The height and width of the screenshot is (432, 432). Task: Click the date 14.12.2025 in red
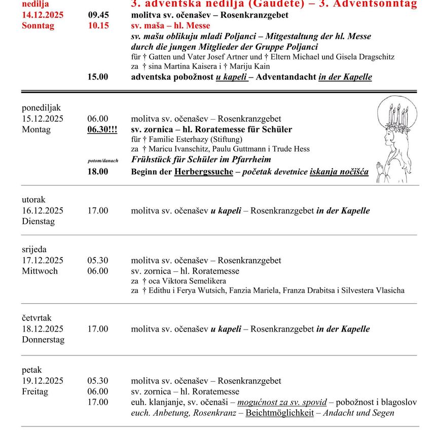coord(43,15)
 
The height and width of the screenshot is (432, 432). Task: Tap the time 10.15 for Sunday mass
coord(98,26)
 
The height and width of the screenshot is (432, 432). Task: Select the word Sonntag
coord(38,26)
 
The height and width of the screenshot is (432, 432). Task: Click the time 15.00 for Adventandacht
coord(98,77)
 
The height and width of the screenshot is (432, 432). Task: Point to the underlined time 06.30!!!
coord(102,130)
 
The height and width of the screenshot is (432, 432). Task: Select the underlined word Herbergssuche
coord(204,172)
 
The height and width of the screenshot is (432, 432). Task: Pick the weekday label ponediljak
coord(41,108)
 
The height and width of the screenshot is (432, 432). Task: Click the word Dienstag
coord(38,222)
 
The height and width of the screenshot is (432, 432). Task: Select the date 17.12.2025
coord(43,261)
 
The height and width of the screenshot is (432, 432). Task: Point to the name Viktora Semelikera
coord(195,281)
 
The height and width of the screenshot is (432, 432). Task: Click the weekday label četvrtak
coord(37,318)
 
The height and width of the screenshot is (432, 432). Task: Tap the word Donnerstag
coord(43,340)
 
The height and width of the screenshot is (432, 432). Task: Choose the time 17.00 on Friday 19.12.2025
coord(98,402)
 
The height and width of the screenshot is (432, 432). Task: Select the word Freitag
coord(35,392)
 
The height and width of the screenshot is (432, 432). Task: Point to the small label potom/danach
coord(103,161)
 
